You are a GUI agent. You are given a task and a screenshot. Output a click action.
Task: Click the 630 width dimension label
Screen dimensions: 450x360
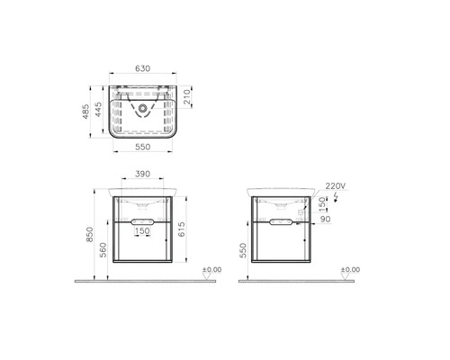(x=142, y=68)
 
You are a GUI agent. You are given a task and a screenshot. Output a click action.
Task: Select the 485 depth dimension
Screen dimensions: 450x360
(x=86, y=112)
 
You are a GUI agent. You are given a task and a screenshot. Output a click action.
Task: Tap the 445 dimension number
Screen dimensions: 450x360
(x=98, y=110)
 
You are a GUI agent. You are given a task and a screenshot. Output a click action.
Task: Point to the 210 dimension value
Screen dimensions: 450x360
(x=187, y=97)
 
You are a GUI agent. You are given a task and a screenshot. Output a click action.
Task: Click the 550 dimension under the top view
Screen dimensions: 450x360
(x=142, y=147)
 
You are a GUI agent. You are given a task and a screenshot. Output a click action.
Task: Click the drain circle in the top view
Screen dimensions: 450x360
(x=142, y=108)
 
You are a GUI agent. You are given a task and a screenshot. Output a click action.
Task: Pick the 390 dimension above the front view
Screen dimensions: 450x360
(x=142, y=174)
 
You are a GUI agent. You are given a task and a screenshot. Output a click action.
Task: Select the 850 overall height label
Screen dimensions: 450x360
(x=89, y=235)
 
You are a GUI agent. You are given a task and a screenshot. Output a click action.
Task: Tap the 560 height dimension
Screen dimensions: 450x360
(x=103, y=250)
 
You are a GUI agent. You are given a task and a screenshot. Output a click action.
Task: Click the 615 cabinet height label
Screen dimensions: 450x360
(x=182, y=229)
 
